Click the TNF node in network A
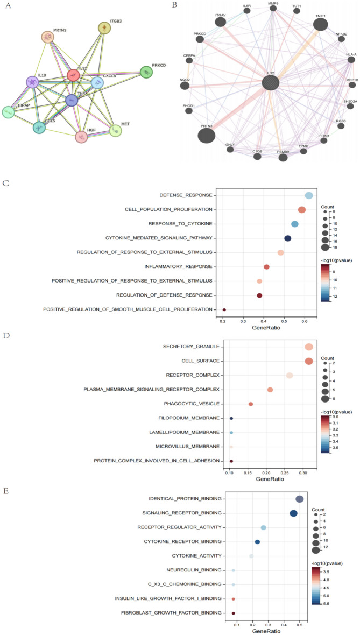point(72,100)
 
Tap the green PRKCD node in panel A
point(146,72)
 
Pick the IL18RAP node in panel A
point(8,112)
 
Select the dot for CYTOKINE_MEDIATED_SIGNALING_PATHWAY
point(287,238)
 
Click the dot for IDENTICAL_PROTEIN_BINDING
point(300,499)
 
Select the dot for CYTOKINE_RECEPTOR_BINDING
point(257,542)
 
